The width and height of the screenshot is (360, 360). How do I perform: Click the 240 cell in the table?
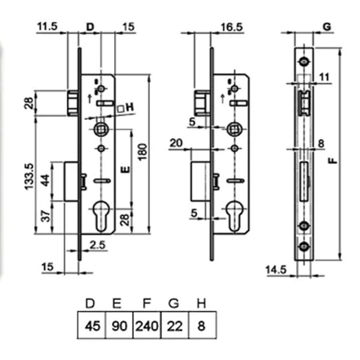point(147,325)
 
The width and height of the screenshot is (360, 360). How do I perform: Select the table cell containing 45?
point(92,325)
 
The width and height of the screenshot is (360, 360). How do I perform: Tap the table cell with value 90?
point(119,325)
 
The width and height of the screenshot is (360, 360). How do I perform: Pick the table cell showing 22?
point(175,325)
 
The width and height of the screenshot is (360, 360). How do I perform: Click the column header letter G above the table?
point(173,304)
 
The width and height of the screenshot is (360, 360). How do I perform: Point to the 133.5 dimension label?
point(29,176)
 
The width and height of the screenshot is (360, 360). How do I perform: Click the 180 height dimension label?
point(143,152)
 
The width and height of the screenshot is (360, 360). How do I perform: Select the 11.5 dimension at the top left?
point(47,26)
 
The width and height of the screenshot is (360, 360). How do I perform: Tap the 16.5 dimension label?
point(232,27)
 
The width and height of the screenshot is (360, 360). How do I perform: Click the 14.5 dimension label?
point(276,270)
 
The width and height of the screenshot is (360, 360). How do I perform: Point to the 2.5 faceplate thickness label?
point(98,245)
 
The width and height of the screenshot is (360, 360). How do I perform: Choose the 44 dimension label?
point(46,181)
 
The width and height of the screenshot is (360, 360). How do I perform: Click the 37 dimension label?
point(46,216)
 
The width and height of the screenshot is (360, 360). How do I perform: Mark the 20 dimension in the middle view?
point(176,143)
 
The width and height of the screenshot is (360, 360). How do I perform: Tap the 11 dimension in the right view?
point(325,77)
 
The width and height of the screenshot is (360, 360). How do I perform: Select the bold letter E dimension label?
point(125,170)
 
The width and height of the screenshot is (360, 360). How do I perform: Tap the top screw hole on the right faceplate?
point(304,62)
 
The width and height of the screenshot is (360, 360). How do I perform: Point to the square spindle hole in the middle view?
point(234,129)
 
